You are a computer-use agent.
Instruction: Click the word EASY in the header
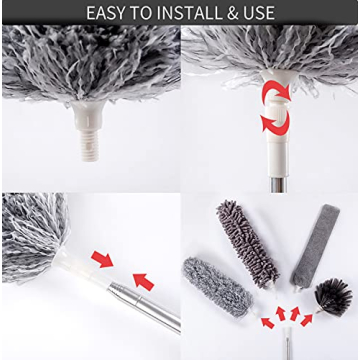[110, 13]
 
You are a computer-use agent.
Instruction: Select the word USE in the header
[255, 13]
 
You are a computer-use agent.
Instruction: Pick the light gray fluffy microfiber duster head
[214, 286]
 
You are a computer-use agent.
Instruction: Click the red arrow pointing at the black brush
[308, 319]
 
